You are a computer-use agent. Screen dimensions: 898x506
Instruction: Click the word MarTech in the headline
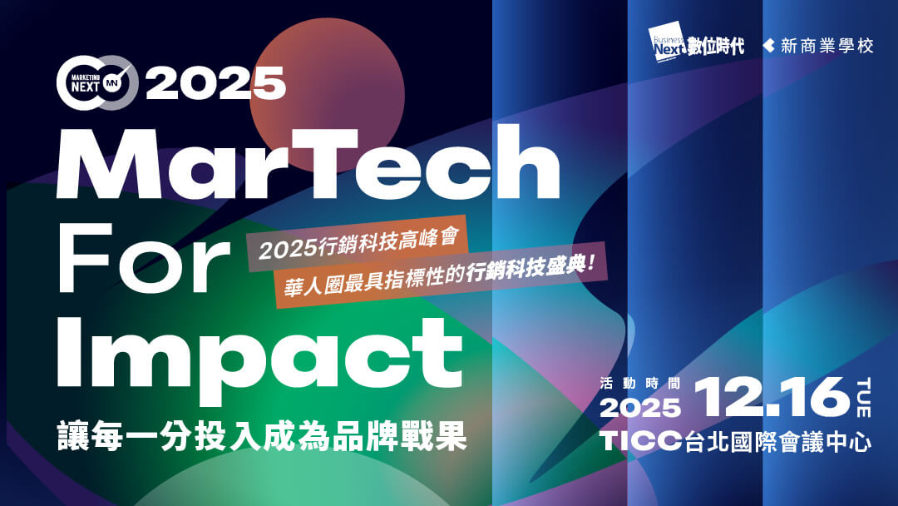click(x=308, y=163)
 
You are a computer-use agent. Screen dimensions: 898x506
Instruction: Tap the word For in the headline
click(x=144, y=259)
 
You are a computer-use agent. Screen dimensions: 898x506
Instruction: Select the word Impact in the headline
click(x=259, y=356)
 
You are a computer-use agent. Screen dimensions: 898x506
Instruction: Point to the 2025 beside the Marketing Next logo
click(x=215, y=83)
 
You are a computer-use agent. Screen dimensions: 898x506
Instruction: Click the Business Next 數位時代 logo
click(x=697, y=42)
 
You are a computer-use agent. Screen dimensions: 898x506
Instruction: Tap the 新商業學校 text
click(x=827, y=46)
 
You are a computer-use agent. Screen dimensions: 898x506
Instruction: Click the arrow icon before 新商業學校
click(x=768, y=46)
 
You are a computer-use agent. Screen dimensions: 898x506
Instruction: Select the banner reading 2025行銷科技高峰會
click(x=358, y=244)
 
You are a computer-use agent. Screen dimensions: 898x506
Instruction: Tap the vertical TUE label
click(x=864, y=398)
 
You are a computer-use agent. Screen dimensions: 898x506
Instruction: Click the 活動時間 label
click(x=639, y=384)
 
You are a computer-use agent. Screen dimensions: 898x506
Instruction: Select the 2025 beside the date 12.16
click(x=640, y=408)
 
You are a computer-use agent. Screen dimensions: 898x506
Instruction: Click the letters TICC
click(x=641, y=441)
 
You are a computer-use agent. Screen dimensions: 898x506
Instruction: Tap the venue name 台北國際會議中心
click(x=778, y=441)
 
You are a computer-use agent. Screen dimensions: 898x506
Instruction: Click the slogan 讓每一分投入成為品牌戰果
click(x=262, y=437)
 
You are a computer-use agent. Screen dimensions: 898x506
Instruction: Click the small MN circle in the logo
click(x=112, y=85)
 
